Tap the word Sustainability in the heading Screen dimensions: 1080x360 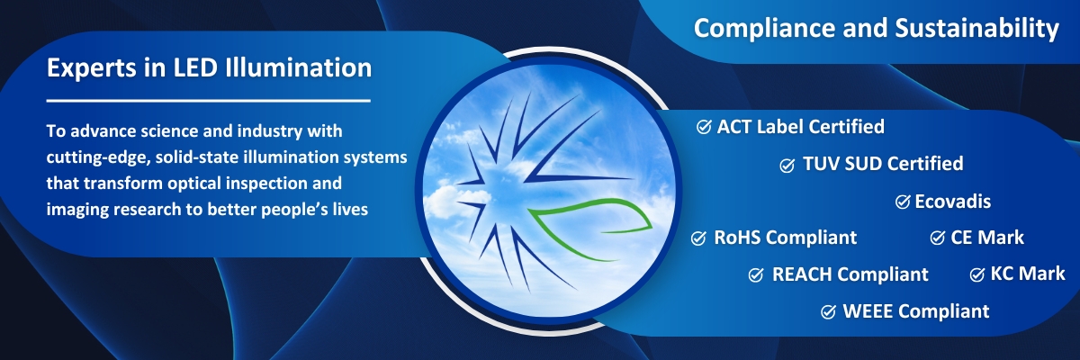tap(976, 29)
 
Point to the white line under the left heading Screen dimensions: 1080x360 tap(208, 101)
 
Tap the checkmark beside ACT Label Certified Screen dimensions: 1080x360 tap(704, 127)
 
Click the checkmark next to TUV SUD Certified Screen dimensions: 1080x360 tap(787, 166)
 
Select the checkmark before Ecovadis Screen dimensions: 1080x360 tap(903, 202)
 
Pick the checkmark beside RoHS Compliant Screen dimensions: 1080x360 tap(698, 238)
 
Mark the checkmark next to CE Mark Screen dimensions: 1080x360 tap(937, 238)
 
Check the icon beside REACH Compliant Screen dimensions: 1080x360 tap(756, 274)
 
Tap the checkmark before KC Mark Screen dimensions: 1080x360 tap(976, 274)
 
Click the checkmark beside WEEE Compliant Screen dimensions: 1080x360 tap(828, 311)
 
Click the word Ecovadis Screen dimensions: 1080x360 tap(953, 202)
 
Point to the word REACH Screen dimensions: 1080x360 tap(802, 274)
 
